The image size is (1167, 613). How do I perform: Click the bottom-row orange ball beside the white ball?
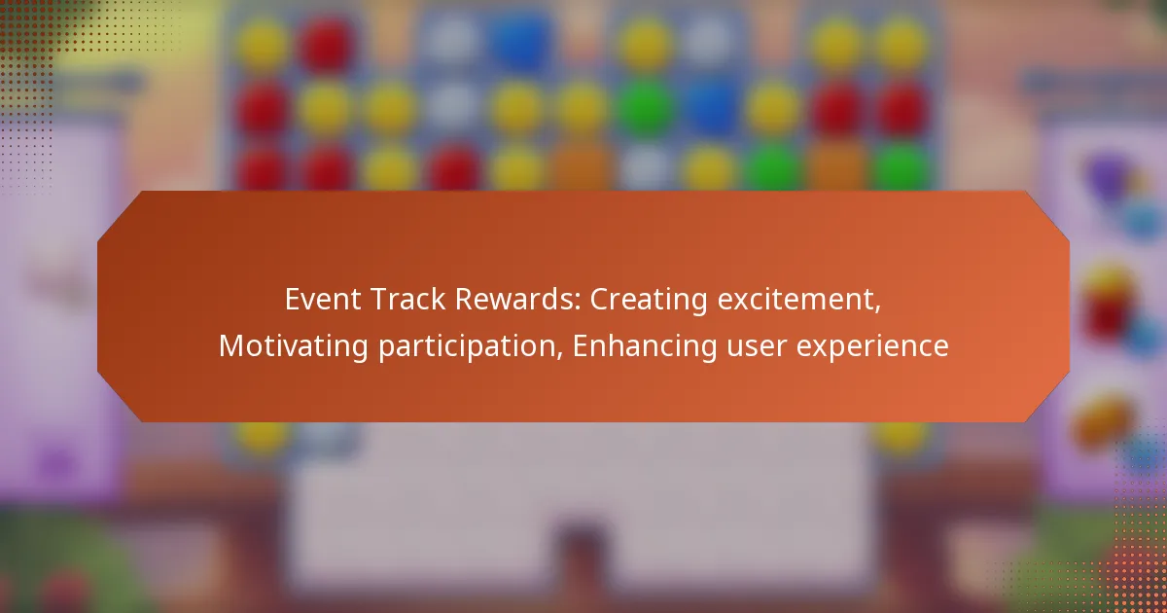pos(582,167)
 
